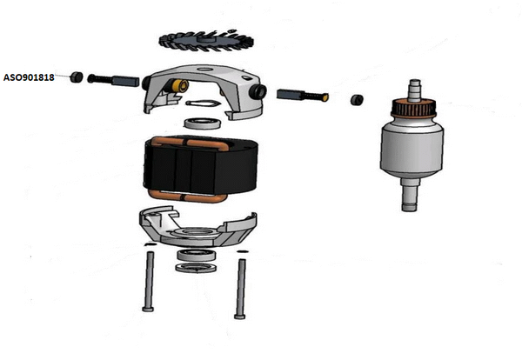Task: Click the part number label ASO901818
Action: (29, 77)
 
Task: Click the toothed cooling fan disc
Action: (206, 41)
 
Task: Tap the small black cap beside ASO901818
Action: (77, 77)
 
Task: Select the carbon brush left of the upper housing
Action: (113, 81)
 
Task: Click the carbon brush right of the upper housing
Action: (303, 95)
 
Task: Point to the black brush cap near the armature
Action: (357, 100)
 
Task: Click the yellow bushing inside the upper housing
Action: (181, 86)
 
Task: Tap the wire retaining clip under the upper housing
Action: (202, 103)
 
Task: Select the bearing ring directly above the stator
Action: (203, 123)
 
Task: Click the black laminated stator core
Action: (200, 168)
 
